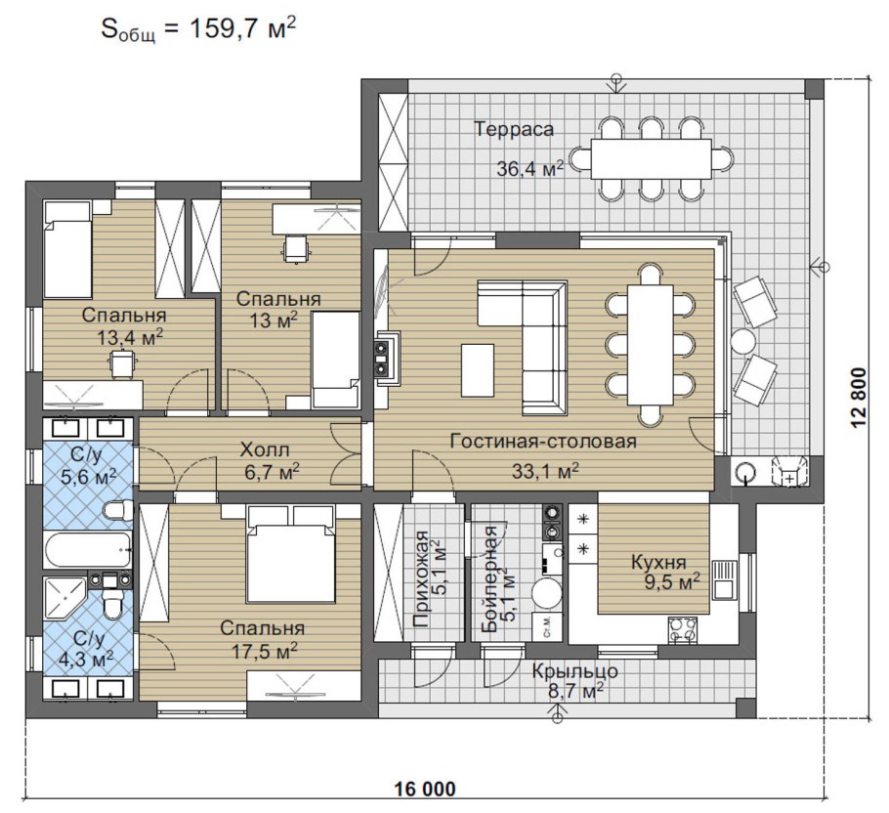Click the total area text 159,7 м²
pyautogui.click(x=242, y=28)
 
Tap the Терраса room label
pyautogui.click(x=514, y=129)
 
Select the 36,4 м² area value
pyautogui.click(x=530, y=168)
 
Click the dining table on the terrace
pyautogui.click(x=651, y=158)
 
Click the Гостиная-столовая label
pyautogui.click(x=543, y=441)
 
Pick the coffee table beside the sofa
pyautogui.click(x=478, y=370)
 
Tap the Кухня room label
pyautogui.click(x=658, y=563)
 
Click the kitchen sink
pyautogui.click(x=724, y=579)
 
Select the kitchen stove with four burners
pyautogui.click(x=683, y=630)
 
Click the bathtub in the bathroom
pyautogui.click(x=88, y=549)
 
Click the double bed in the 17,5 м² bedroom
pyautogui.click(x=290, y=553)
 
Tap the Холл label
pyautogui.click(x=265, y=450)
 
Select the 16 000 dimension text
pyautogui.click(x=424, y=789)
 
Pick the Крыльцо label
pyautogui.click(x=574, y=670)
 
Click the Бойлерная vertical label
pyautogui.click(x=488, y=578)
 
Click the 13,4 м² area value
pyautogui.click(x=130, y=338)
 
